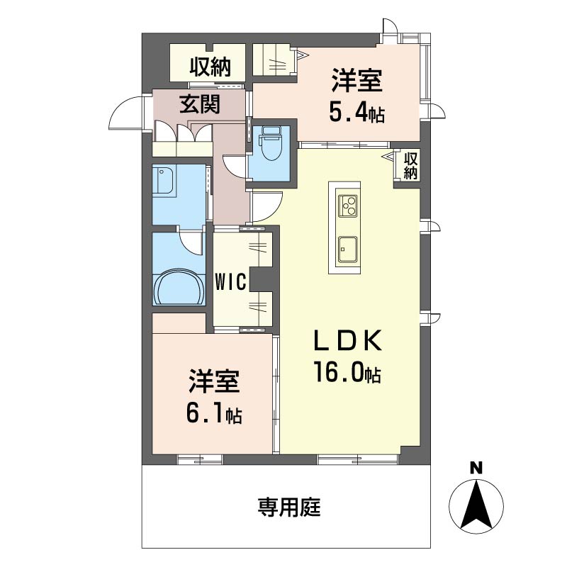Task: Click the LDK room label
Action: point(349,342)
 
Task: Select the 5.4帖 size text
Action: point(357,111)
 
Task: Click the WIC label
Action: point(230,281)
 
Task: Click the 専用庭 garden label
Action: point(288,507)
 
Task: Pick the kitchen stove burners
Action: point(348,206)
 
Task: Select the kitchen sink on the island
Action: point(347,249)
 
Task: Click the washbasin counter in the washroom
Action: point(164,181)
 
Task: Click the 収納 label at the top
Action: point(210,67)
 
